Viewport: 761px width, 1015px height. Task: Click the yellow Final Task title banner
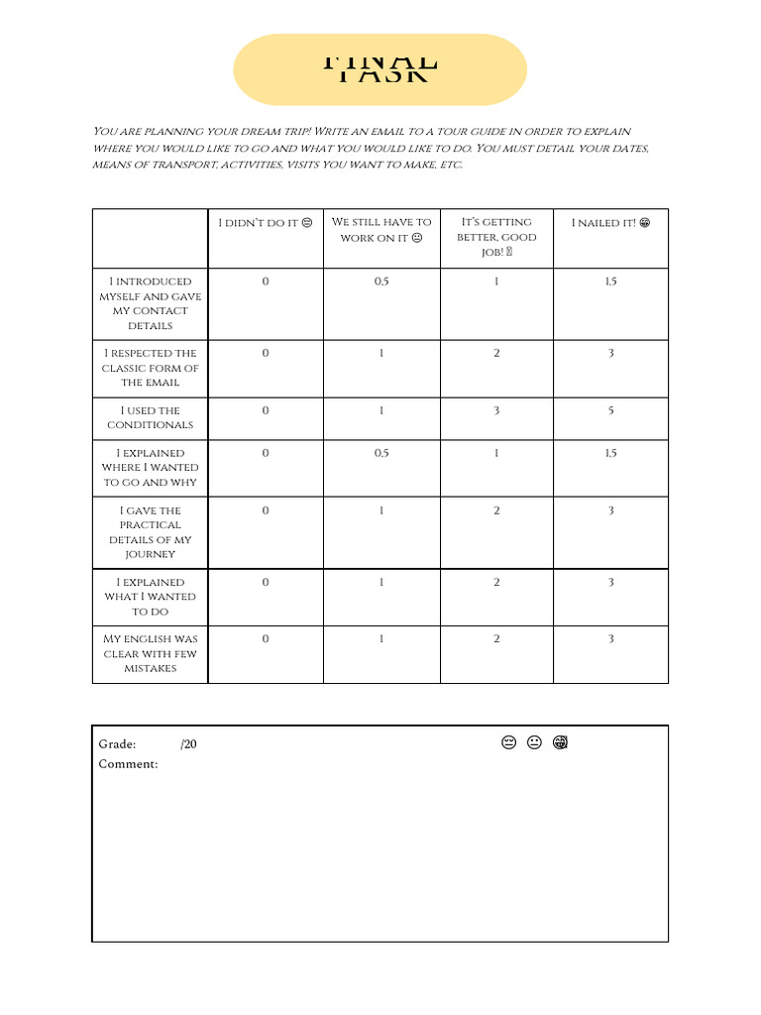380,69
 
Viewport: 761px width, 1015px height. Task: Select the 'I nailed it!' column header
610,223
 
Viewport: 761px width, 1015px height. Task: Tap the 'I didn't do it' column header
266,223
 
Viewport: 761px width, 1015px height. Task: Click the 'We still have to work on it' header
381,230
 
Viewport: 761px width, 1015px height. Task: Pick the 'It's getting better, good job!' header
496,237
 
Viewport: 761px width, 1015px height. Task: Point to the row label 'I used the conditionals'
151,417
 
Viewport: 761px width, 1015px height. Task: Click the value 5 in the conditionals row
610,410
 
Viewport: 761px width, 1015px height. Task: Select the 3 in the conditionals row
496,410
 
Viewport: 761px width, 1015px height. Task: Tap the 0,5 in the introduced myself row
381,282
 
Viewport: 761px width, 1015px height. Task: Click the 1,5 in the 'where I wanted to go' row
610,453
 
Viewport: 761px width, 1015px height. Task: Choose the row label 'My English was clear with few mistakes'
151,654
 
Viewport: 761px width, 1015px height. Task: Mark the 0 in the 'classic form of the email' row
266,353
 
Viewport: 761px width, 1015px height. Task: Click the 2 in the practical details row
496,510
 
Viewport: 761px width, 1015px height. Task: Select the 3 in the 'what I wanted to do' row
610,582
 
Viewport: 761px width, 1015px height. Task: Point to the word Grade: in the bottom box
117,744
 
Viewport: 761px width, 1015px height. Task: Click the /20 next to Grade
188,744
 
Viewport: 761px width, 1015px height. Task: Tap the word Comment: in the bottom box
128,764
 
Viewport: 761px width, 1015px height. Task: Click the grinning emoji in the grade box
560,743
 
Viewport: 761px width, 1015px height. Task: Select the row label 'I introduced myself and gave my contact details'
151,303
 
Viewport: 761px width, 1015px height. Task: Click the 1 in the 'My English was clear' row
381,639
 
